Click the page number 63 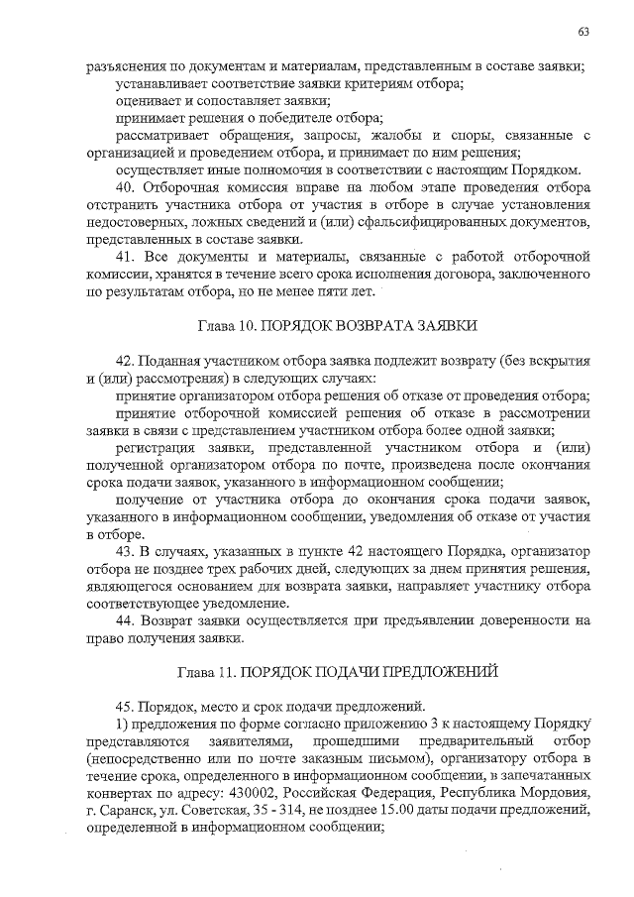tap(584, 32)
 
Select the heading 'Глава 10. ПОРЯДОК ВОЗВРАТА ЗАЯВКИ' tap(336, 326)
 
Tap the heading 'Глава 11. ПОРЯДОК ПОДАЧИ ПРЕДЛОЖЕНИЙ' tap(336, 670)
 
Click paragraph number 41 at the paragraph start tap(125, 257)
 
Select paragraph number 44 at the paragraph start tap(125, 620)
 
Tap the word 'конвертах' tap(120, 795)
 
